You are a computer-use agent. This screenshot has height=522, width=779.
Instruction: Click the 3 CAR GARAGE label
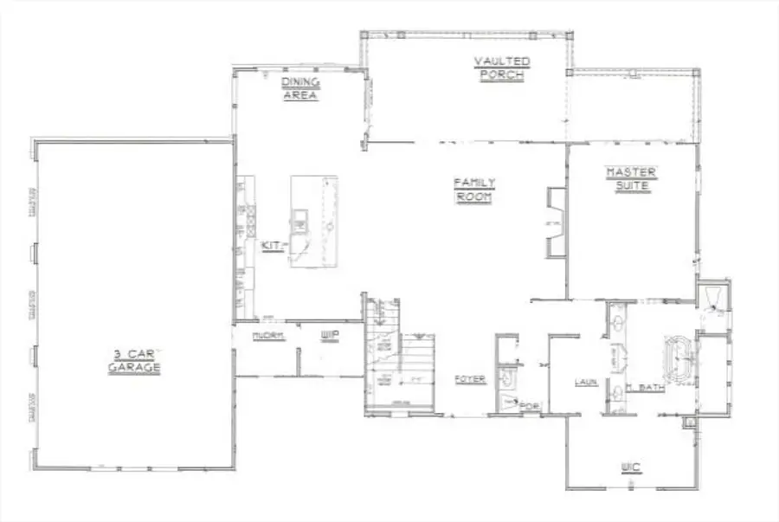tap(135, 361)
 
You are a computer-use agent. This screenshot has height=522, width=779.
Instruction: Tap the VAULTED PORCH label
tap(502, 68)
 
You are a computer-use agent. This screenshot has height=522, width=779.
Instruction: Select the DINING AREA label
tap(300, 88)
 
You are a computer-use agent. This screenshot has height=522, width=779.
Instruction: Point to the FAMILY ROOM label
tap(474, 190)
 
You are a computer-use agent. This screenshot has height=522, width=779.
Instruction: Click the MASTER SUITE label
tap(631, 178)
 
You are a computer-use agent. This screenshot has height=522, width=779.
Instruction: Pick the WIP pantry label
tap(328, 335)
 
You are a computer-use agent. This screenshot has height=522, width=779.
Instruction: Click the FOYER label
tap(470, 379)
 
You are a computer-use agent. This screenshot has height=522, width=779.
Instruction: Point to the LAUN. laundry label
tap(587, 382)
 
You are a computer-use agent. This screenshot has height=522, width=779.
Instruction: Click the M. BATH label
tap(645, 388)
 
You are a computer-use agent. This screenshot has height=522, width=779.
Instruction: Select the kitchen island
tap(313, 222)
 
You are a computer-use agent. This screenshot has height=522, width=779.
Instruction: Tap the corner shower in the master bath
tap(714, 299)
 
